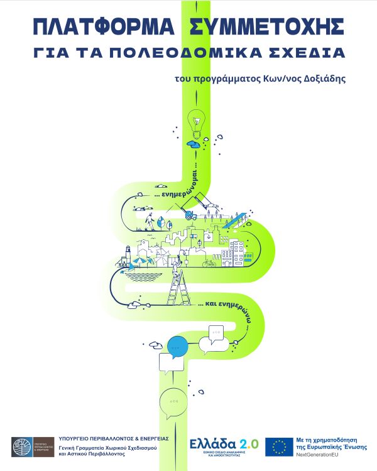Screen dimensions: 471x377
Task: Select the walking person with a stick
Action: pos(150,221)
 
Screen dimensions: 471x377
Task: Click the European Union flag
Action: pos(279,446)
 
